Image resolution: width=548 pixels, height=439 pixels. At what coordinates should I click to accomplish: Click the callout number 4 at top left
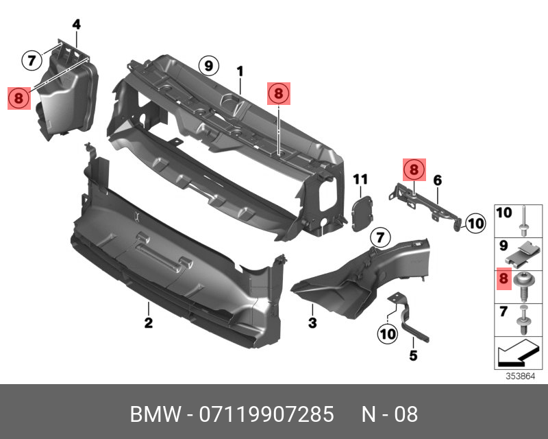coord(76,25)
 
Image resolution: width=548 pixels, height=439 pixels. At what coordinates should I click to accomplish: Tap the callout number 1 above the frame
coord(240,71)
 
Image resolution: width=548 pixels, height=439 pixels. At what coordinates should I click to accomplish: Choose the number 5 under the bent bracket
coord(413,355)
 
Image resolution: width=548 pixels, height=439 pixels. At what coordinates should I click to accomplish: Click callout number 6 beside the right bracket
coord(437,180)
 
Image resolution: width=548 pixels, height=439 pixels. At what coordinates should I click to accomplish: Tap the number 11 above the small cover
coord(360,180)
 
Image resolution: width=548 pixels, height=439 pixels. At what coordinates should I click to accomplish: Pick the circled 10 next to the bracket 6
coord(475,222)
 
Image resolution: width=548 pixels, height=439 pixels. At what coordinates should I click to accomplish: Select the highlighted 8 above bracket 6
coord(413,169)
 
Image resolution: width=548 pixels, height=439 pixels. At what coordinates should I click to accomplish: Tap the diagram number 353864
coord(521,376)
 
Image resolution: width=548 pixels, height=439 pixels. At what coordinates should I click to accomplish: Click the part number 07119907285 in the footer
coord(266,415)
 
